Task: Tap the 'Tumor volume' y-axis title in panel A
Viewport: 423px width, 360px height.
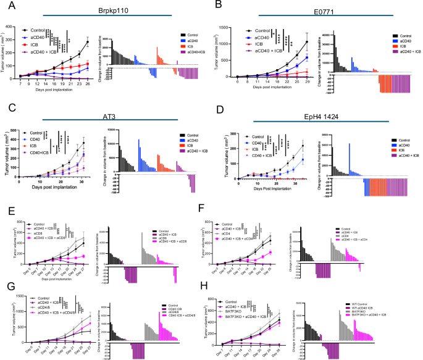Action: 5,52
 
